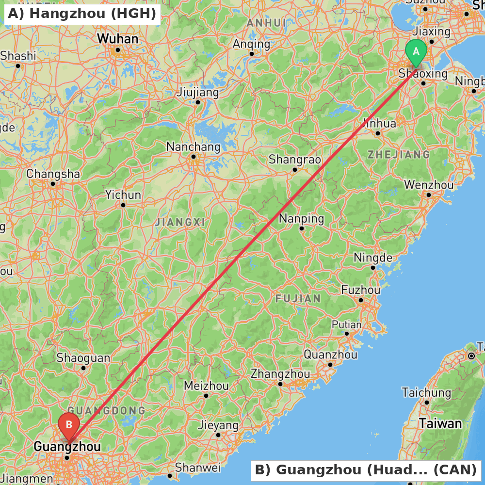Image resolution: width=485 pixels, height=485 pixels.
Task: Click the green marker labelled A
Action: [416, 51]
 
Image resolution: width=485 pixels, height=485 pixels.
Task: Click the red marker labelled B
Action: [69, 425]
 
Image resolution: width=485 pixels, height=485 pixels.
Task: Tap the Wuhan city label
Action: [117, 39]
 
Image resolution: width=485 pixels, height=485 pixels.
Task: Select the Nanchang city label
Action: [193, 146]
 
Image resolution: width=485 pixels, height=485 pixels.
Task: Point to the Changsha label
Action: [53, 174]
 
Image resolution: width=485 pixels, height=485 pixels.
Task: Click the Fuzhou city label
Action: [361, 290]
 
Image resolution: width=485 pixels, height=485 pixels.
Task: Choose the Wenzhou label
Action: [429, 185]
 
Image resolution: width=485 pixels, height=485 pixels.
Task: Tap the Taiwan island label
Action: [440, 423]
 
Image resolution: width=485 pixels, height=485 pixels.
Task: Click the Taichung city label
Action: [426, 392]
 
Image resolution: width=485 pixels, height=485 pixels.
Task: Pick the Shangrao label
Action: [295, 159]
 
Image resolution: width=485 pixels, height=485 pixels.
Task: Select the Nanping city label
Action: [301, 218]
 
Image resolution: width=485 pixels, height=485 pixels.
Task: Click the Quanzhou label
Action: [330, 355]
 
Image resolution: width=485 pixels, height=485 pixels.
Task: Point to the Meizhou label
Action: [206, 386]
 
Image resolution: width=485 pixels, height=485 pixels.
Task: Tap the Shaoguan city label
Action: [83, 358]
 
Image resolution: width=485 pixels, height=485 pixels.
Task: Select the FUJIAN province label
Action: [298, 298]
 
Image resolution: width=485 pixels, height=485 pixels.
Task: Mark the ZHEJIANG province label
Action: [398, 155]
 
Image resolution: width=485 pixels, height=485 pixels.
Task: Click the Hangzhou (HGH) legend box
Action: [81, 14]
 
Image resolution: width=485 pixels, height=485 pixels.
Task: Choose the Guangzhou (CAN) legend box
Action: [366, 469]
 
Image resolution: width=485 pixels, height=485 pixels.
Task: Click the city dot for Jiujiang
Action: [198, 102]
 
